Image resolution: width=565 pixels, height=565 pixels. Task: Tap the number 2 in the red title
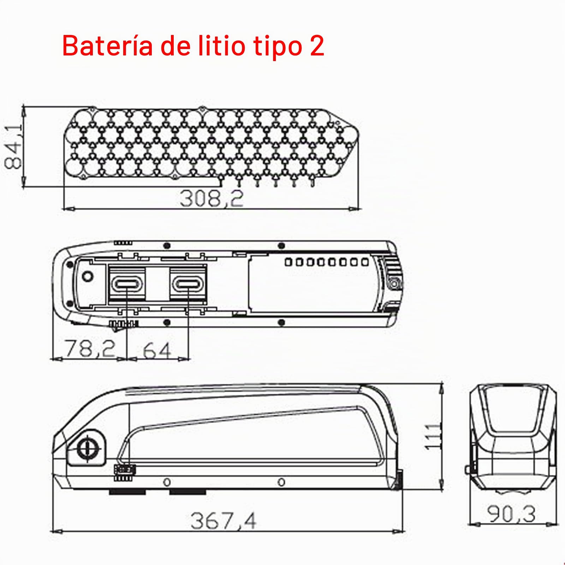(x=317, y=46)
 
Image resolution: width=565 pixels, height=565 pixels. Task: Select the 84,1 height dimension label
(x=13, y=145)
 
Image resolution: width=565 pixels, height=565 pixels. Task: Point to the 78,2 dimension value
(x=90, y=349)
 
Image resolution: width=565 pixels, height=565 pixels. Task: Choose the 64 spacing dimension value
(x=157, y=350)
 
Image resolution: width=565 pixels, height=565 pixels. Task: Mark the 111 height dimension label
(x=433, y=437)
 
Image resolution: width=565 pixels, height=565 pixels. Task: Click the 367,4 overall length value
(x=224, y=521)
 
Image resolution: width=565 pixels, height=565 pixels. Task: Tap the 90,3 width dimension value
(x=511, y=514)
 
